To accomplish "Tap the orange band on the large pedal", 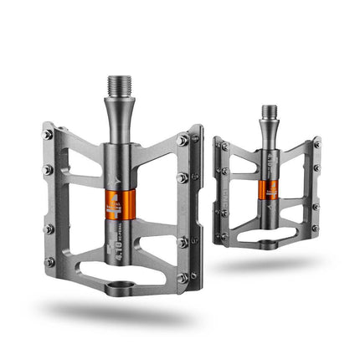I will pos(118,207).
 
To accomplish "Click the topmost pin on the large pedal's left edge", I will pos(49,134).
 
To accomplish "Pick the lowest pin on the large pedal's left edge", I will pos(49,262).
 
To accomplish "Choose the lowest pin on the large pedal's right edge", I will pos(182,277).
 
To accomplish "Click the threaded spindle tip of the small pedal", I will pos(269,112).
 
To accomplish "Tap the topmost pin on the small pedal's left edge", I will pos(224,146).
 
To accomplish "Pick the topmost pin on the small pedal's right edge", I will pos(316,145).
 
